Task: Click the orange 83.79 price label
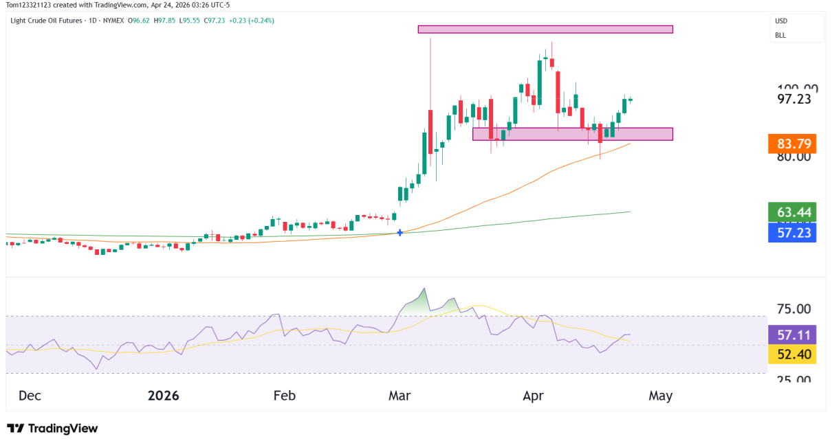point(793,144)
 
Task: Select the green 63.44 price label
point(793,212)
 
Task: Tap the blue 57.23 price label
point(793,233)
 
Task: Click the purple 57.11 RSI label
point(793,335)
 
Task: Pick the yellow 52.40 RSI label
point(793,354)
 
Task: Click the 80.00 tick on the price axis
point(794,157)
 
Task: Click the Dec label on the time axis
point(31,396)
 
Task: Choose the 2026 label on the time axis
point(163,396)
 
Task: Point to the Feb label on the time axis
point(284,396)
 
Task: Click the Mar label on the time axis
point(401,396)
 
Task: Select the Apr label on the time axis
point(533,396)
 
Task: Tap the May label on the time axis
point(659,396)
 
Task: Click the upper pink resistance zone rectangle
point(545,30)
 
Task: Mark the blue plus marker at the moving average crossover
point(400,233)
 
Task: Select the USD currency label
point(781,21)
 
